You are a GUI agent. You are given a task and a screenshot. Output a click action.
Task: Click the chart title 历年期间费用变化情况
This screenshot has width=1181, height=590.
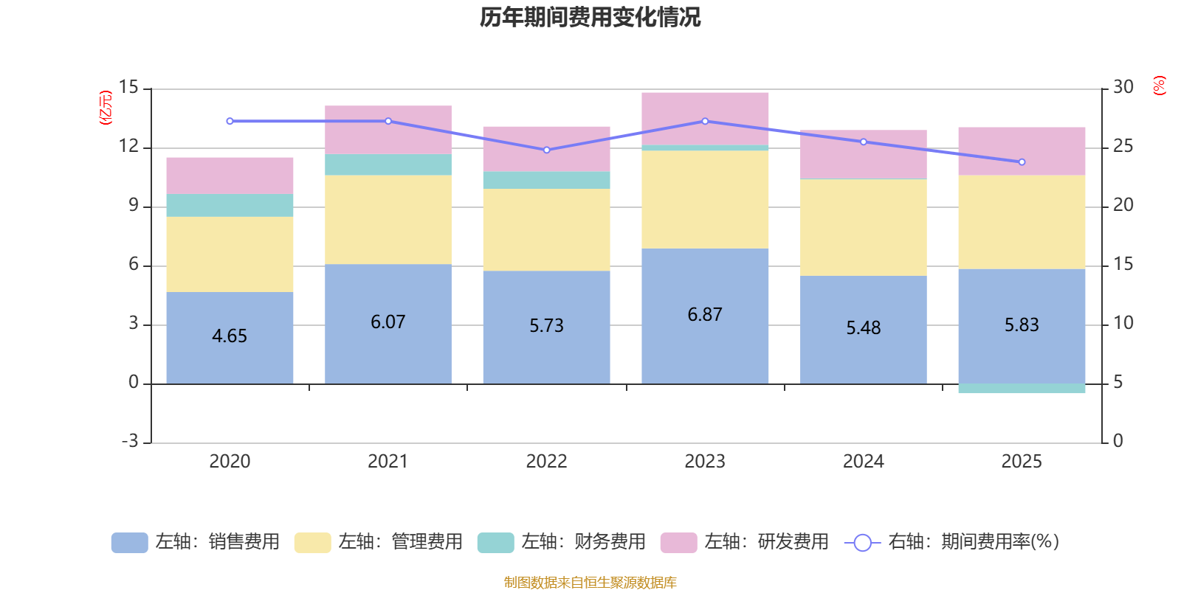(590, 17)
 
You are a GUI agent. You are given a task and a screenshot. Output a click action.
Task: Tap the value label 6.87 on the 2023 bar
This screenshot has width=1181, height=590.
(705, 315)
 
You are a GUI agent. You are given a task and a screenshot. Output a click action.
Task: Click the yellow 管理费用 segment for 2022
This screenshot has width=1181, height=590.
(546, 229)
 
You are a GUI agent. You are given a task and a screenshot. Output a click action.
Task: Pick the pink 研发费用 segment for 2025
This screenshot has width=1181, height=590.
(1022, 151)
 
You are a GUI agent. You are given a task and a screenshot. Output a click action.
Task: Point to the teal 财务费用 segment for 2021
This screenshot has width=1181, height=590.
(388, 164)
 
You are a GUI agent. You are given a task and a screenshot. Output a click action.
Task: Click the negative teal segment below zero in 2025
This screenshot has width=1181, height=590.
(1022, 389)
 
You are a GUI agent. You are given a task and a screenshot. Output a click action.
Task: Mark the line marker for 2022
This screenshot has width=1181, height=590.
(546, 150)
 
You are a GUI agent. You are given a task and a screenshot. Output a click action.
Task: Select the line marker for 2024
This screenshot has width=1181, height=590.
(864, 142)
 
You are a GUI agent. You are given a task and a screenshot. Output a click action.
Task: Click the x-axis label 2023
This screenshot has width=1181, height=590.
(705, 462)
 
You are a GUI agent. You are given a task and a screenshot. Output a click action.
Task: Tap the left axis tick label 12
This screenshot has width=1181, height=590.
(129, 146)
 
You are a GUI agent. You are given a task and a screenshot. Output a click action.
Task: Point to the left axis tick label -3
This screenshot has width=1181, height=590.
(129, 441)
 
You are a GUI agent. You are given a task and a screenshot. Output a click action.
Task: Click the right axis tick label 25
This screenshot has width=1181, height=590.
(1123, 146)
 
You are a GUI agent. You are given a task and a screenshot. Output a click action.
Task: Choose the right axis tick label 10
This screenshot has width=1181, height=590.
(1123, 323)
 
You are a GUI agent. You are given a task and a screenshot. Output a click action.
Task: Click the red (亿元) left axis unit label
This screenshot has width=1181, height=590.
(106, 108)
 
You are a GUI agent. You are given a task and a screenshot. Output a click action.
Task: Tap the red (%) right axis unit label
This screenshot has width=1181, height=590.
(1160, 86)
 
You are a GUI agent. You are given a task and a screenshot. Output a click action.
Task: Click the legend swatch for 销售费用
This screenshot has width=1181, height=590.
(129, 543)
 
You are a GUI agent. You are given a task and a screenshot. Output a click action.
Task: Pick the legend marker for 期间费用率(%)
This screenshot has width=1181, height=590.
(862, 543)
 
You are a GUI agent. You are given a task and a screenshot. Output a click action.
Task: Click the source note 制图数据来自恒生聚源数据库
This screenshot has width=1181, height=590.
(590, 583)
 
